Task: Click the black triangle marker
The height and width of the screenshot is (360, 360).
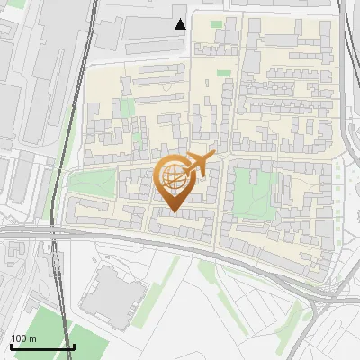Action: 180,23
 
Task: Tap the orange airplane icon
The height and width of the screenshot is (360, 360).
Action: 201,164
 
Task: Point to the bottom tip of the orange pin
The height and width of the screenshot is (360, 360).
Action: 174,212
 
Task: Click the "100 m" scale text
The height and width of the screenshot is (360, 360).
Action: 24,338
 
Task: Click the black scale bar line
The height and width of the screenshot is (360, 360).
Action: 42,346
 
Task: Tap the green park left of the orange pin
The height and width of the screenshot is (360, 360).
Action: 92,184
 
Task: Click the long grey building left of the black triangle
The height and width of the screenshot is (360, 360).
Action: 135,36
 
